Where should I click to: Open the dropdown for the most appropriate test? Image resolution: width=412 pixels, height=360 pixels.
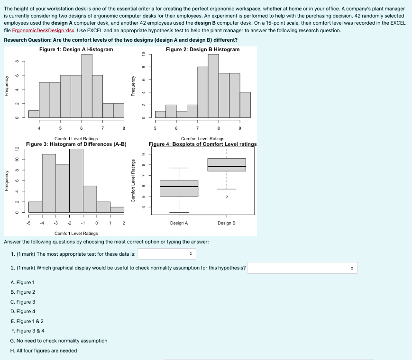[166, 254]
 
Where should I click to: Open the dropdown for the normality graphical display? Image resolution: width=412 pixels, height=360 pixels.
[302, 268]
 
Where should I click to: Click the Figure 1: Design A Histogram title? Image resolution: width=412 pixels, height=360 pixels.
[76, 49]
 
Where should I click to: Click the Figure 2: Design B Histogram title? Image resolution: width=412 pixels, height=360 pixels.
[202, 49]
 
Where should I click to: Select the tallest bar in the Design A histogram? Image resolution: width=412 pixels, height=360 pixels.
[87, 85]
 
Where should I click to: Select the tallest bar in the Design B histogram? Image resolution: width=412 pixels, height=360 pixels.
[213, 85]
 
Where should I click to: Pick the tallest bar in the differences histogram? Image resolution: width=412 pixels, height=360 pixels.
[76, 180]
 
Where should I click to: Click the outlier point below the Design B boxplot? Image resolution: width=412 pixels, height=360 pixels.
[227, 196]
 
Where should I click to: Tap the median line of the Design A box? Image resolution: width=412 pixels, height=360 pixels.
[179, 187]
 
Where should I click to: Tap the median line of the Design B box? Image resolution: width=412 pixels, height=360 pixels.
[227, 167]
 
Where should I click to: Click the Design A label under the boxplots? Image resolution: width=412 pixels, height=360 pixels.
[179, 223]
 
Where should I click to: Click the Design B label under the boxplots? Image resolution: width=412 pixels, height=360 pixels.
[227, 223]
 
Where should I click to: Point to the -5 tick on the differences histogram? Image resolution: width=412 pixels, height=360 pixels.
[28, 222]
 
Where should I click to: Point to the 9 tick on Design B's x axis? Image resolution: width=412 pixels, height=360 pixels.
[240, 128]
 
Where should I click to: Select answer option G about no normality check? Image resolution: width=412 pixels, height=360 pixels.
[59, 341]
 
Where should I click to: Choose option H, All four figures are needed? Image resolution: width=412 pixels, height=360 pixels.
[44, 351]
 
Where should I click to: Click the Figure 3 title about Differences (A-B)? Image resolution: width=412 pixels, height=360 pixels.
[76, 144]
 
